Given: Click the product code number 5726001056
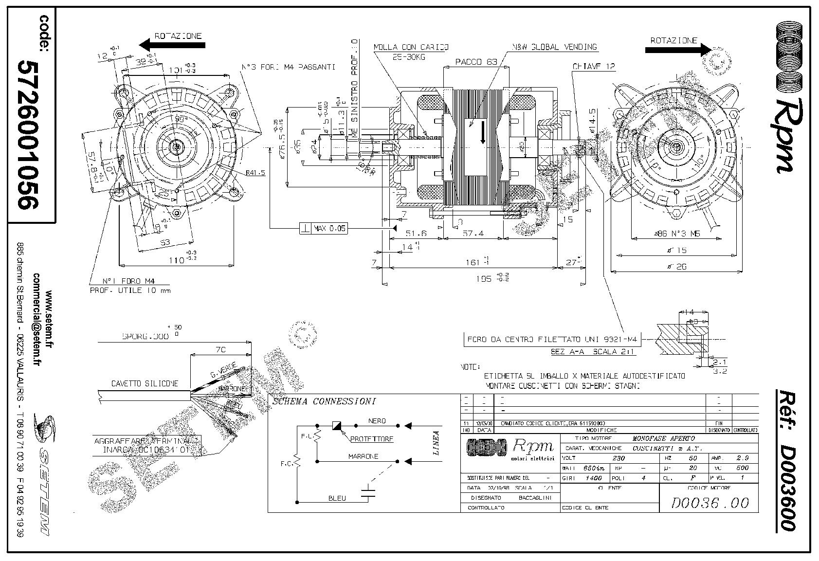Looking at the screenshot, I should [x=28, y=134].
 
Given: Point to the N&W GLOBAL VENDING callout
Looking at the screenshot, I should [x=554, y=47].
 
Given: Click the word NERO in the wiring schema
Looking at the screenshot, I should [x=377, y=421].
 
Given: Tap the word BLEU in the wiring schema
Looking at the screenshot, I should [x=337, y=498].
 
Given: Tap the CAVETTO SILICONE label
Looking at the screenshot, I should [x=145, y=384].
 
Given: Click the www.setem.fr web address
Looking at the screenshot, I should [x=49, y=319].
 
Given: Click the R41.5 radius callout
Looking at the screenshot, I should [x=255, y=173].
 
